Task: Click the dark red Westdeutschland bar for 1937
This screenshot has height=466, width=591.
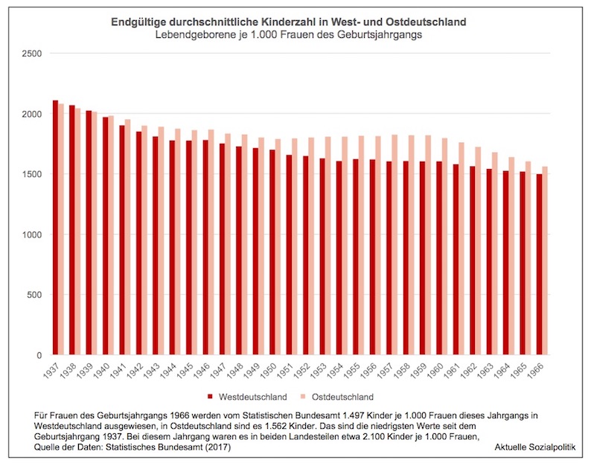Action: tap(55, 227)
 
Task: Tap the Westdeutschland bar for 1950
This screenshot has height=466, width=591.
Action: tap(272, 252)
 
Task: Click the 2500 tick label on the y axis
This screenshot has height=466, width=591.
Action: tap(32, 54)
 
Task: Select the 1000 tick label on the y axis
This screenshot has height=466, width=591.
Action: tap(32, 234)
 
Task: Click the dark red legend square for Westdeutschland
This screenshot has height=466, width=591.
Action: tap(211, 397)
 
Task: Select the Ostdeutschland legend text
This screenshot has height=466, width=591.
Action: tap(343, 397)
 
